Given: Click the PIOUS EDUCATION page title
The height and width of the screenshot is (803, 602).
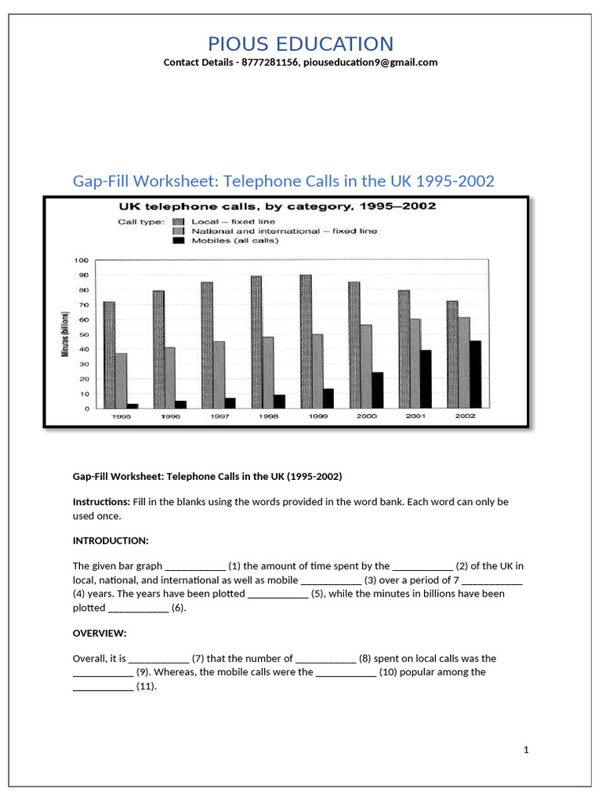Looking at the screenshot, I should coord(300,44).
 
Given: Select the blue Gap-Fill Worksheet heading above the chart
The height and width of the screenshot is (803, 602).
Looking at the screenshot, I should coord(284,181).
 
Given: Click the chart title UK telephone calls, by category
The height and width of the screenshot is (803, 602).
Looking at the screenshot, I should coord(277,207).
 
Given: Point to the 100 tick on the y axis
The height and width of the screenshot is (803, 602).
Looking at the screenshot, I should coord(82,260).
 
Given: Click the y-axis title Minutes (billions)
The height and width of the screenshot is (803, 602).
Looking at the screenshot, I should coord(66,334).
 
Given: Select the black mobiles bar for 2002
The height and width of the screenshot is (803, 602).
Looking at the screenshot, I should coord(475,374).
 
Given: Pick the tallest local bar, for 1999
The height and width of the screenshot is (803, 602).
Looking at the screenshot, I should coord(305,341).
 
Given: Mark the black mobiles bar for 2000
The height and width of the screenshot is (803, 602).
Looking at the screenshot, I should coord(377,390).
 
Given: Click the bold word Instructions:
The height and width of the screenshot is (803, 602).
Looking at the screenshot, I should coord(101,501).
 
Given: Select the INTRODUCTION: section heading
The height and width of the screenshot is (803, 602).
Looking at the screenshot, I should coord(110,541).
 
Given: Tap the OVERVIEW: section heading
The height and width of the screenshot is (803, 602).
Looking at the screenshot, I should coord(100,633).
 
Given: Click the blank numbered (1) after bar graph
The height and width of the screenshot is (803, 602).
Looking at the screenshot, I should coord(195,566).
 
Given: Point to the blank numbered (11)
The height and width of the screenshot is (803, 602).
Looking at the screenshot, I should coord(103,687).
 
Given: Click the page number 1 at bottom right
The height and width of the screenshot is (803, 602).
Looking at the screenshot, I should coord(527,750).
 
